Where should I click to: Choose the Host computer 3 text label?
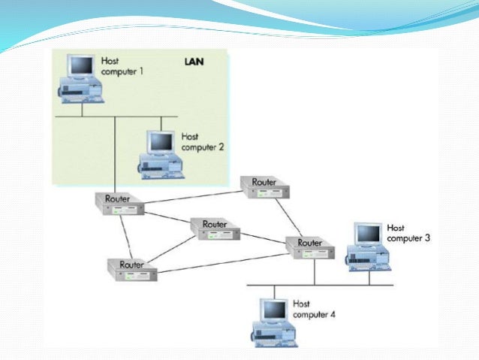[408, 232]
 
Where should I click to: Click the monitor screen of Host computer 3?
[367, 234]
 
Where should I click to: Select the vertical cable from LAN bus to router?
[115, 154]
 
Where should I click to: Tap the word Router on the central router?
[215, 224]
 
